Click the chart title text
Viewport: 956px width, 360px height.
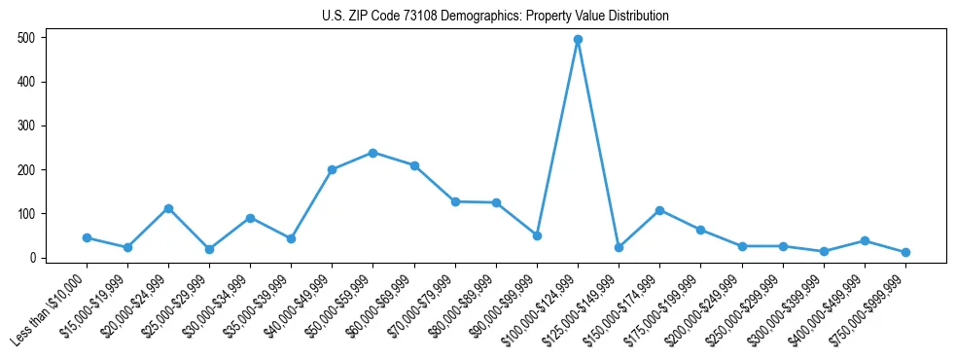[x=495, y=17]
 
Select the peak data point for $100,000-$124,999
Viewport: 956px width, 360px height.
[x=578, y=40]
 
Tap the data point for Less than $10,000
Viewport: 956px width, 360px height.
[x=87, y=237]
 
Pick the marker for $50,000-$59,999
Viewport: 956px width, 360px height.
[x=373, y=153]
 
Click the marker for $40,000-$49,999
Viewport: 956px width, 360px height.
[x=332, y=169]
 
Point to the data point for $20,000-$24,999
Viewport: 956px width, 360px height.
[x=168, y=208]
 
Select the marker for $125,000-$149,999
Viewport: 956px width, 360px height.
[x=619, y=247]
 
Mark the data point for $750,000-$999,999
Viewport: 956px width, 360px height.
[x=905, y=252]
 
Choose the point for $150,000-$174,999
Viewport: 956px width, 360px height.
[x=659, y=210]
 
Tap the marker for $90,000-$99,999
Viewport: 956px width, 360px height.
[x=537, y=235]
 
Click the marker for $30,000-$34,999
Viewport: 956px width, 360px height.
[x=250, y=218]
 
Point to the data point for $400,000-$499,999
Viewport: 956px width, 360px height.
[x=865, y=240]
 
